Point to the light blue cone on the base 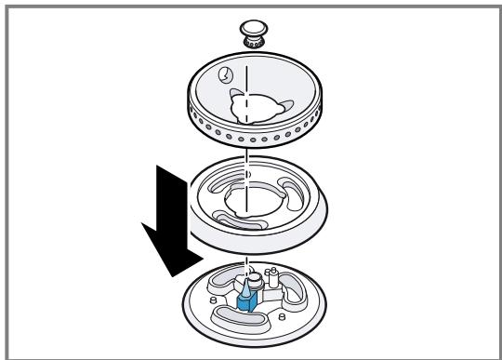(x=241, y=289)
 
